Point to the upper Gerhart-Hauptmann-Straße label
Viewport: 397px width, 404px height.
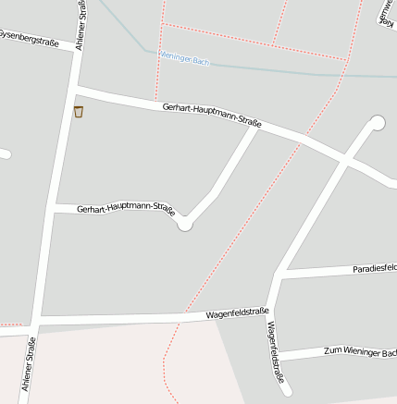211,115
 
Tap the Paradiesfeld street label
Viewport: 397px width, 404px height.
374,268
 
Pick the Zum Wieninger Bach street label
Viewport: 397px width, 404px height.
360,350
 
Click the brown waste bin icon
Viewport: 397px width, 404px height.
79,112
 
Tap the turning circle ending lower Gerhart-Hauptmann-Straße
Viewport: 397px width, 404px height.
185,224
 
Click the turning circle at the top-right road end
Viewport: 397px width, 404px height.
377,122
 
